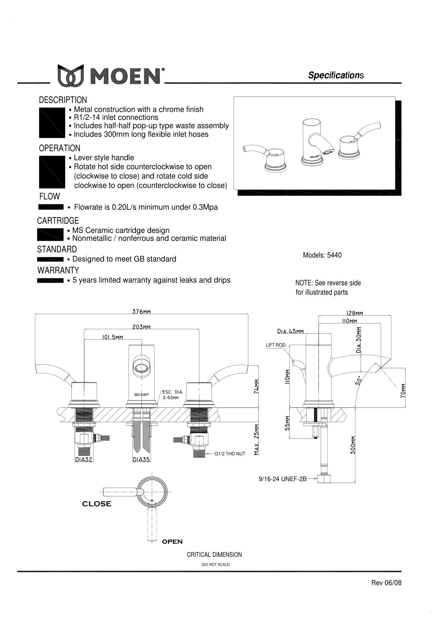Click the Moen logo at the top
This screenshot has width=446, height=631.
[x=111, y=75]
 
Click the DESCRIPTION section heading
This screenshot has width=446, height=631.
[x=63, y=100]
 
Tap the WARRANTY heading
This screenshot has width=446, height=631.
[x=58, y=270]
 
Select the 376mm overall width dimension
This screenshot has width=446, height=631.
[x=141, y=311]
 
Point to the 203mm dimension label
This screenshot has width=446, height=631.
[x=141, y=327]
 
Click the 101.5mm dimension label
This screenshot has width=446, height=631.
[x=113, y=337]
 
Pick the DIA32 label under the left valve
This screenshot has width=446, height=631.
[x=84, y=459]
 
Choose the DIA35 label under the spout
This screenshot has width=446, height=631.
[x=141, y=459]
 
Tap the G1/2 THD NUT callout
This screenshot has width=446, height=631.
[x=230, y=454]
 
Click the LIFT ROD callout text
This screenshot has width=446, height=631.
[x=276, y=345]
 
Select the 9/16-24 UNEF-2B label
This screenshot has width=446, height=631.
[x=283, y=479]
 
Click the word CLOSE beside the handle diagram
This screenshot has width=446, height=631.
[x=97, y=504]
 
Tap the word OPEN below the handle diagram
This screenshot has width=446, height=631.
[x=172, y=541]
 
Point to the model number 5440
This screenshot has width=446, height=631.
[x=334, y=255]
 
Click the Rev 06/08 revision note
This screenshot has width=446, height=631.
[x=386, y=583]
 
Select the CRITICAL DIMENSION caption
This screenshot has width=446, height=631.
[x=214, y=555]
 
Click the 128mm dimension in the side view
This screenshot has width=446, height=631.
[x=355, y=313]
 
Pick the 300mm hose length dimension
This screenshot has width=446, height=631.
[x=353, y=445]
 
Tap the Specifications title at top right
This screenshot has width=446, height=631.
[x=336, y=75]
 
